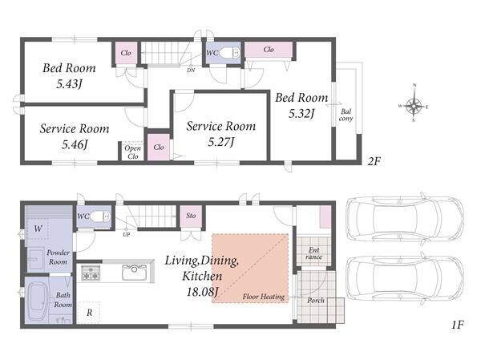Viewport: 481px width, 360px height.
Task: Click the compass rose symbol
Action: point(414,106)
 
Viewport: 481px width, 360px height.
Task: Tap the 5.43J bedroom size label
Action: point(69,83)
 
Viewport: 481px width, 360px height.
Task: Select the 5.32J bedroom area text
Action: point(301,114)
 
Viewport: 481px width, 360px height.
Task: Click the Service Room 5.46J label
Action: point(75,136)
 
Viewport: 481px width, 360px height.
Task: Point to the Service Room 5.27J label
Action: point(221,134)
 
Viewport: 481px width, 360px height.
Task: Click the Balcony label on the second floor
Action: point(346,115)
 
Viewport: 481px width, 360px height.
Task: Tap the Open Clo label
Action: point(132,152)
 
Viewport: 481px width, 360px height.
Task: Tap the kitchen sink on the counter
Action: point(135,272)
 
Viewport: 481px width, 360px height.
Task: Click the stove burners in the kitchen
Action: point(91,273)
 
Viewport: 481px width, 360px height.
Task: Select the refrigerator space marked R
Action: point(89,313)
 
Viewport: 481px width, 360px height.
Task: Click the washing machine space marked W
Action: point(38,229)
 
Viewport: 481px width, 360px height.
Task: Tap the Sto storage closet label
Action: point(191,216)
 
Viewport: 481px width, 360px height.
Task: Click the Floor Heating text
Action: point(264,297)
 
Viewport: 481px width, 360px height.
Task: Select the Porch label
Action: point(316,301)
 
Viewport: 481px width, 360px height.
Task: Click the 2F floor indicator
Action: point(374,161)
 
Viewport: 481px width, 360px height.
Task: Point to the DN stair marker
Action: point(191,71)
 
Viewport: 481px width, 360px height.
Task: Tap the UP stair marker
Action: point(127,234)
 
